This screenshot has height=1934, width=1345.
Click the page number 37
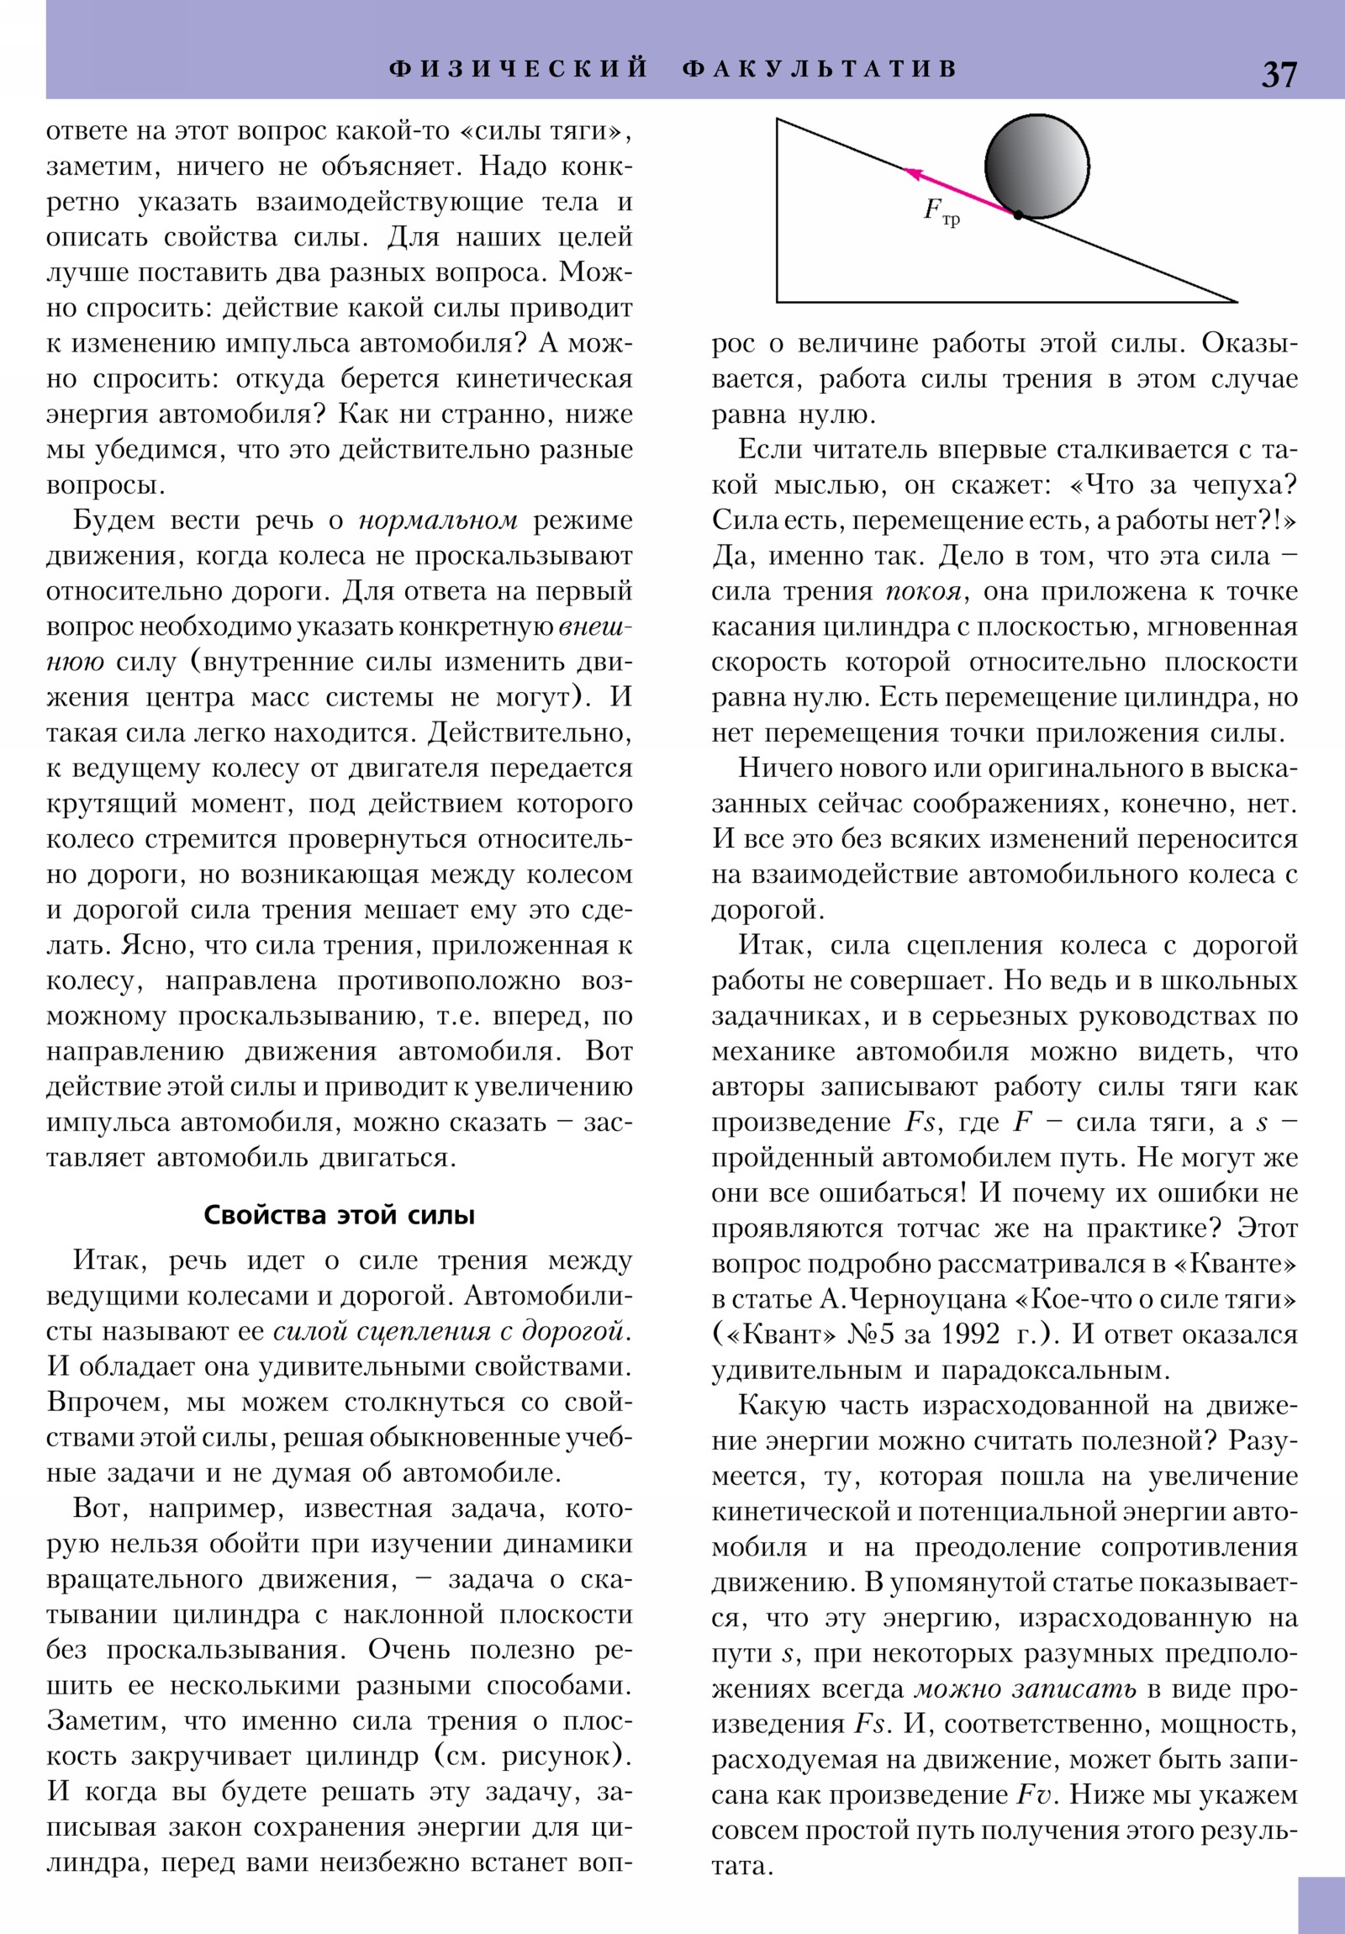point(1279,75)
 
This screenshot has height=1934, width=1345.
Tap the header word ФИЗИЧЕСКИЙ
point(519,68)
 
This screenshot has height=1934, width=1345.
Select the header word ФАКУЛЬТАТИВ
point(820,68)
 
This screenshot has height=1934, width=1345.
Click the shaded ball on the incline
point(1036,165)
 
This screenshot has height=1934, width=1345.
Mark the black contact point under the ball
point(1018,216)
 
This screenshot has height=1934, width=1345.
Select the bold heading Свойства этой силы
point(340,1216)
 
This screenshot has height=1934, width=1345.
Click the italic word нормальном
point(438,520)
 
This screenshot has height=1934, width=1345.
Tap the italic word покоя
point(922,591)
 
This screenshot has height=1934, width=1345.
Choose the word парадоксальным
point(1053,1371)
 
